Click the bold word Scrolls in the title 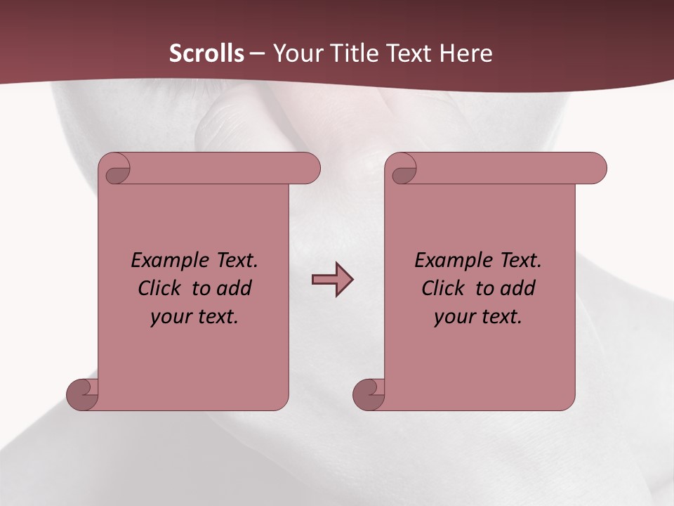[x=206, y=53]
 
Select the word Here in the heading [x=466, y=53]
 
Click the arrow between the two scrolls [x=332, y=280]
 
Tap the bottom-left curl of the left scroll [x=81, y=394]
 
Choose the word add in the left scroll [x=234, y=289]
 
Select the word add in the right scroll [x=518, y=289]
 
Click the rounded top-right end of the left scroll [x=309, y=169]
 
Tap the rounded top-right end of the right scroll [x=595, y=169]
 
